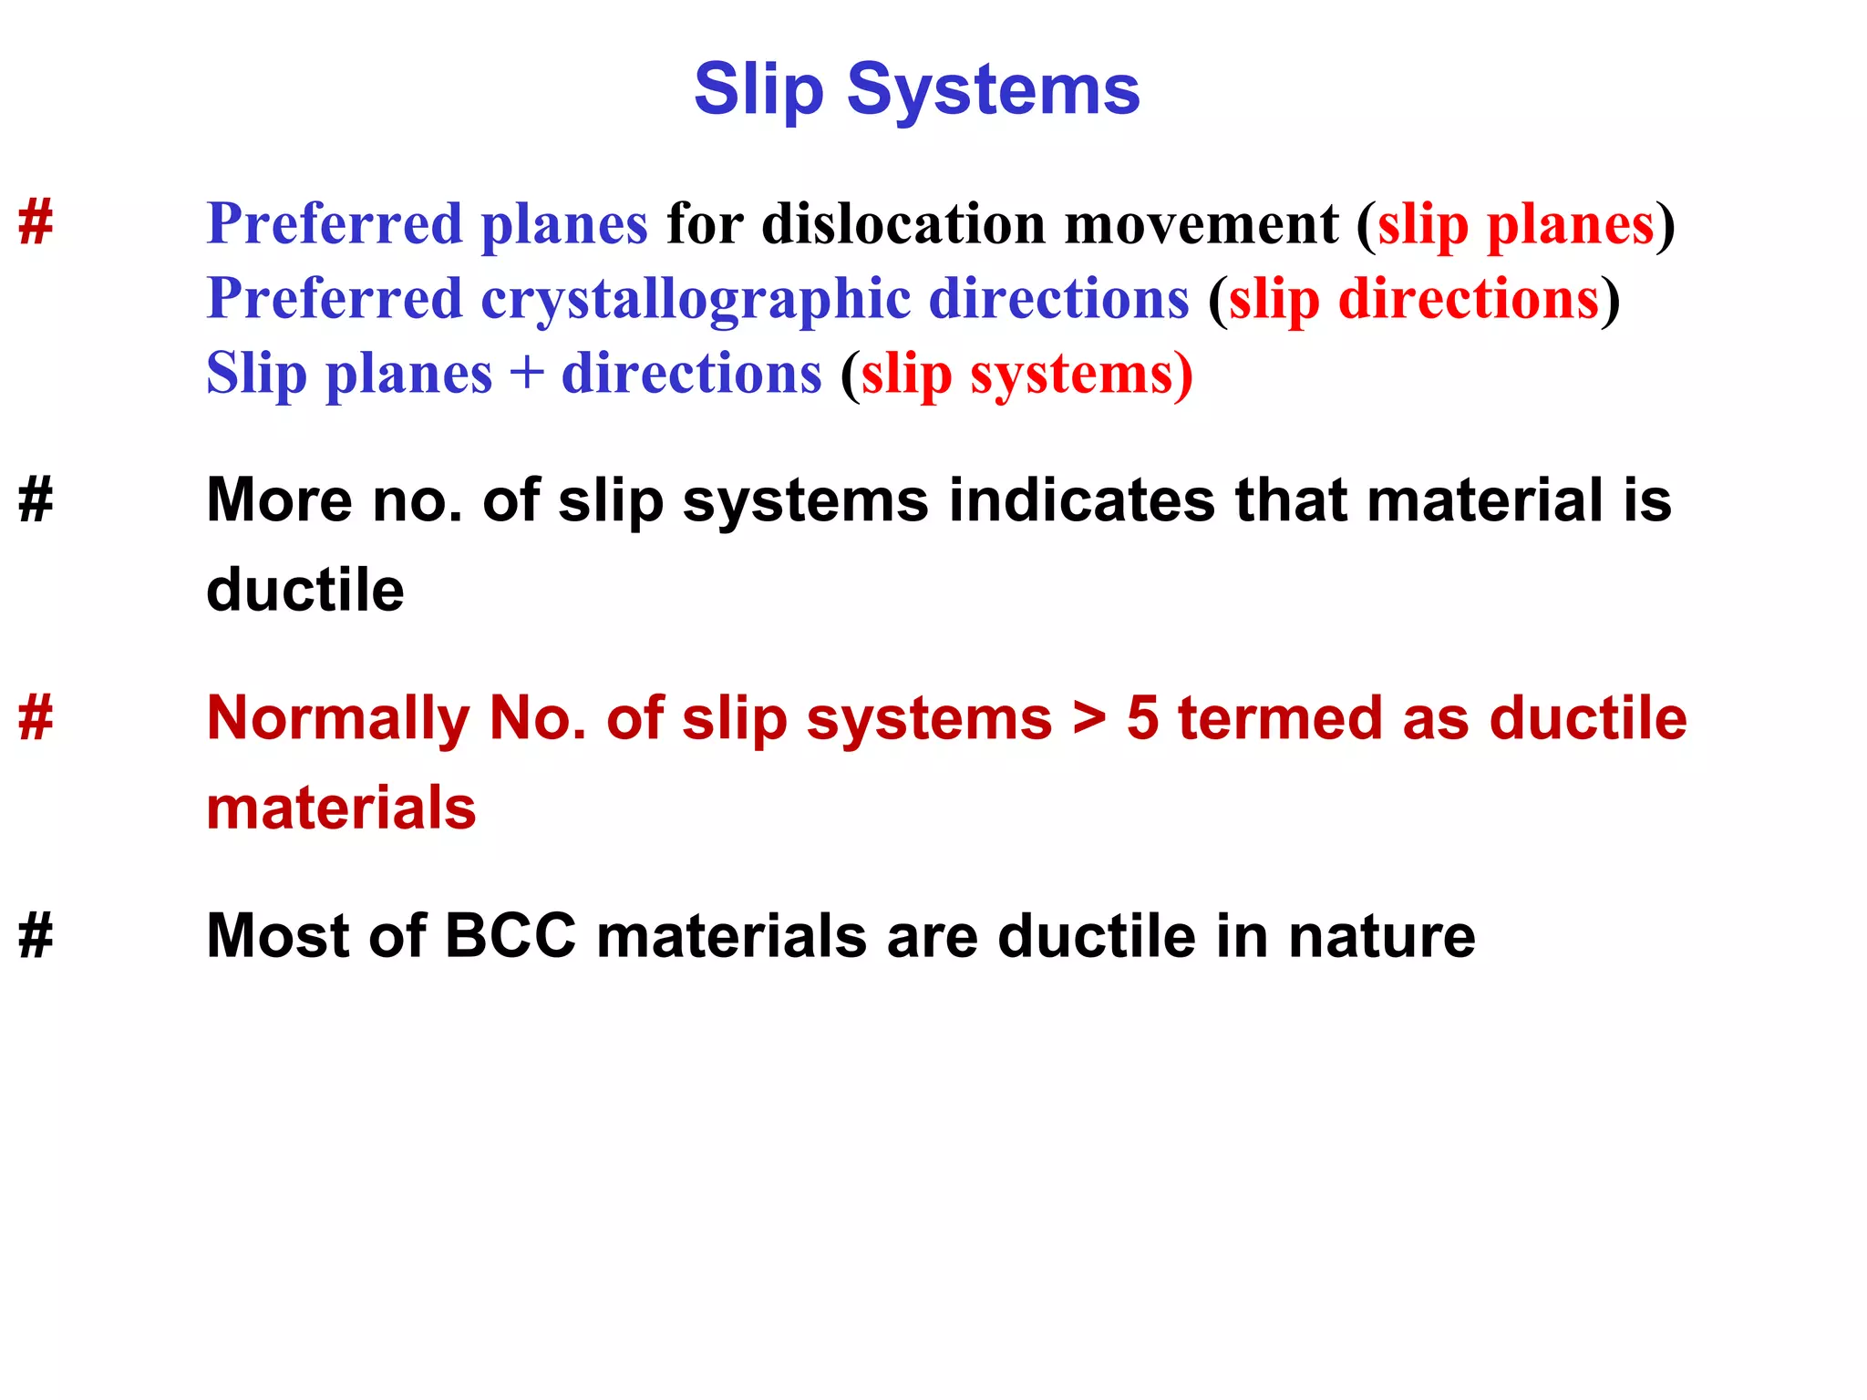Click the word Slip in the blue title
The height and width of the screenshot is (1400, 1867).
(x=758, y=90)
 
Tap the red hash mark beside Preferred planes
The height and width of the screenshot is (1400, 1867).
(x=36, y=222)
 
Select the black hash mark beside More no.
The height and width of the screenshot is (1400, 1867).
(x=36, y=500)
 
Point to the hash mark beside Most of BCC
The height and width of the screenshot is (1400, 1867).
(x=36, y=936)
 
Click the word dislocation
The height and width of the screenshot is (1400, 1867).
(x=903, y=224)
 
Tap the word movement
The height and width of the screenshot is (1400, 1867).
(x=1202, y=224)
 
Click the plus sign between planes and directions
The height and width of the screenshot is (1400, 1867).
(x=527, y=375)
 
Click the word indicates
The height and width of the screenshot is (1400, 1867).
(x=1081, y=500)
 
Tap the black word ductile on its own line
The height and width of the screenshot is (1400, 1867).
(x=305, y=590)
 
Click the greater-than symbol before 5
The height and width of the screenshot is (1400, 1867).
(x=1089, y=719)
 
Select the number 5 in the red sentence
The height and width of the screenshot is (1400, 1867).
(x=1143, y=719)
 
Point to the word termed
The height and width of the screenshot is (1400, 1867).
(x=1280, y=719)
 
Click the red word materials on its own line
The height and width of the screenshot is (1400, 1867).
(x=341, y=808)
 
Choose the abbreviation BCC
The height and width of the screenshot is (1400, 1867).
(x=511, y=936)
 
